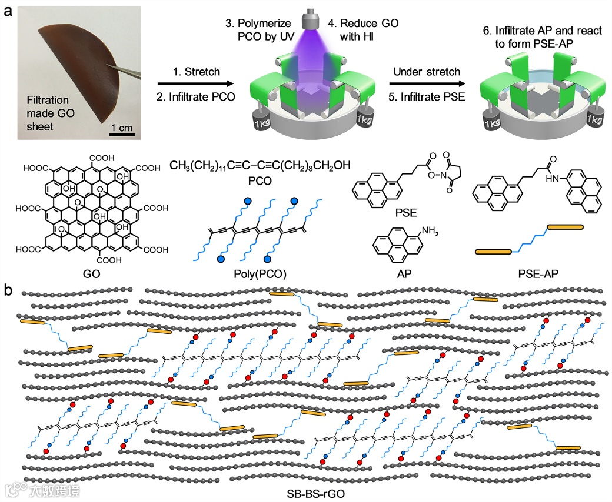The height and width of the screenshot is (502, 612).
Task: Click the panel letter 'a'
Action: click(x=8, y=11)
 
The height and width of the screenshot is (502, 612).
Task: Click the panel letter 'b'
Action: click(x=8, y=290)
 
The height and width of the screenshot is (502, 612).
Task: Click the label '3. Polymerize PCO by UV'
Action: click(x=260, y=31)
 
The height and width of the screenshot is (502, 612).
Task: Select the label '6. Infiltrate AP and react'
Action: click(x=535, y=31)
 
